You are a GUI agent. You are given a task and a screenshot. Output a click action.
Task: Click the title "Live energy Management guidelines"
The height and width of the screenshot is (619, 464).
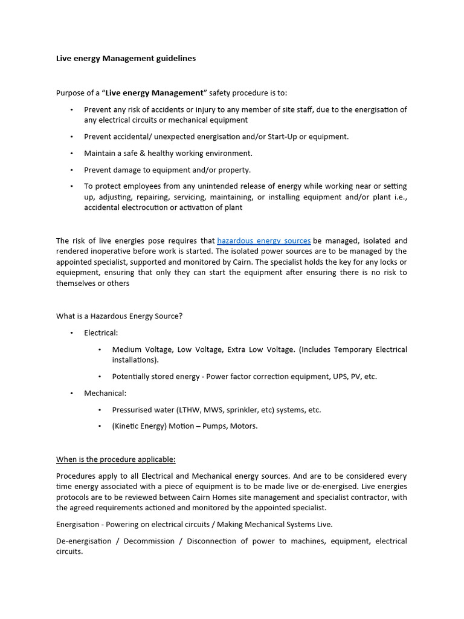tap(126, 59)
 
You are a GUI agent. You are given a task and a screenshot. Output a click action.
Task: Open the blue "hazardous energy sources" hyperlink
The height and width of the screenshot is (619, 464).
tap(263, 241)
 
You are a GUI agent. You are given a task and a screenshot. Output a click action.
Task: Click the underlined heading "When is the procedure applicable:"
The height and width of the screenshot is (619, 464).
tap(115, 459)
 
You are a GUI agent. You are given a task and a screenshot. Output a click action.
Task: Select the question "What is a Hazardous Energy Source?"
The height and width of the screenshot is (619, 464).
tap(119, 316)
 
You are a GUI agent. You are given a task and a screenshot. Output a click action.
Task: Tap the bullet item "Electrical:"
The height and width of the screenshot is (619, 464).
tap(101, 333)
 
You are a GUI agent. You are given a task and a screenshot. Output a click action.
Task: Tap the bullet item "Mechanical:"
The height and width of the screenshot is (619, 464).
tap(105, 393)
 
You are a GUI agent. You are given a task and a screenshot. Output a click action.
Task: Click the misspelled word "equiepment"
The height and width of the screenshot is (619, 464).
tap(76, 273)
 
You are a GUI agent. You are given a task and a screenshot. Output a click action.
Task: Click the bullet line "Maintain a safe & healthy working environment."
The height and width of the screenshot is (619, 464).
tap(168, 154)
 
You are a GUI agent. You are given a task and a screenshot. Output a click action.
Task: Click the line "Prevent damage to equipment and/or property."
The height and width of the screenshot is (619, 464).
tap(167, 170)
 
